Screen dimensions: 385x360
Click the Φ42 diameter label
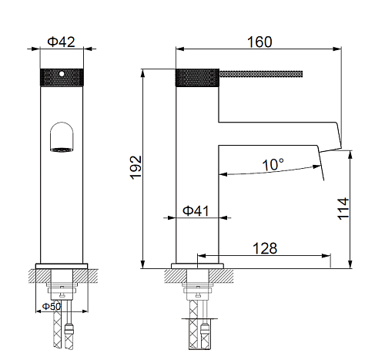[x=61, y=42]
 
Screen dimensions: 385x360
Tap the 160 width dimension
[x=259, y=42]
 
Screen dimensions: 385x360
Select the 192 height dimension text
[x=136, y=167]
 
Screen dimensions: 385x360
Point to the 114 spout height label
[x=343, y=209]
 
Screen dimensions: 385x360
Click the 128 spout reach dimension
[x=265, y=248]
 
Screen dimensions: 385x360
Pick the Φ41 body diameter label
[x=196, y=210]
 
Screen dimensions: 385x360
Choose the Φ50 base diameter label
[x=52, y=306]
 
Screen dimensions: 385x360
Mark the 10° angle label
[x=273, y=164]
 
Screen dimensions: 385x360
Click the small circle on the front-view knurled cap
[x=62, y=74]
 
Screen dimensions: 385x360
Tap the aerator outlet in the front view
[x=62, y=150]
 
